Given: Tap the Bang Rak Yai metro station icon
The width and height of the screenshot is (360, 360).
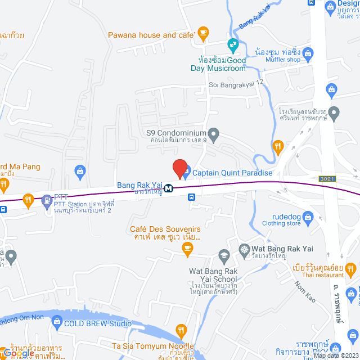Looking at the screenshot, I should tap(168, 190).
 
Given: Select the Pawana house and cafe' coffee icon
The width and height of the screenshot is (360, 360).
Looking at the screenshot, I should tap(204, 33).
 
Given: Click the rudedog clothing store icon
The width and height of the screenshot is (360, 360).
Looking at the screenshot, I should tap(308, 216).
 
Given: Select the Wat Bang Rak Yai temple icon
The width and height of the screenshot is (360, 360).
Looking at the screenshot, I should tap(244, 249).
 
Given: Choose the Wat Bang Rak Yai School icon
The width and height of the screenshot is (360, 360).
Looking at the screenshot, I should tap(224, 256).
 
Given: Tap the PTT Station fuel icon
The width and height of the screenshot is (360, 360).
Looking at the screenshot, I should tap(46, 199).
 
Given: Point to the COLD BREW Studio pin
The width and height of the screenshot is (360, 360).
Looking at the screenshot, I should tap(56, 322).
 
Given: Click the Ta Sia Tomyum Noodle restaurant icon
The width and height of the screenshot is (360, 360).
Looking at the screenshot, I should tap(181, 330).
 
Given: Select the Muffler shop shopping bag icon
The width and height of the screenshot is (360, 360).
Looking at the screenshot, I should tap(308, 54).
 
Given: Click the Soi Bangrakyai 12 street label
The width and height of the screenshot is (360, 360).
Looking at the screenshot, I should tap(236, 83).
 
